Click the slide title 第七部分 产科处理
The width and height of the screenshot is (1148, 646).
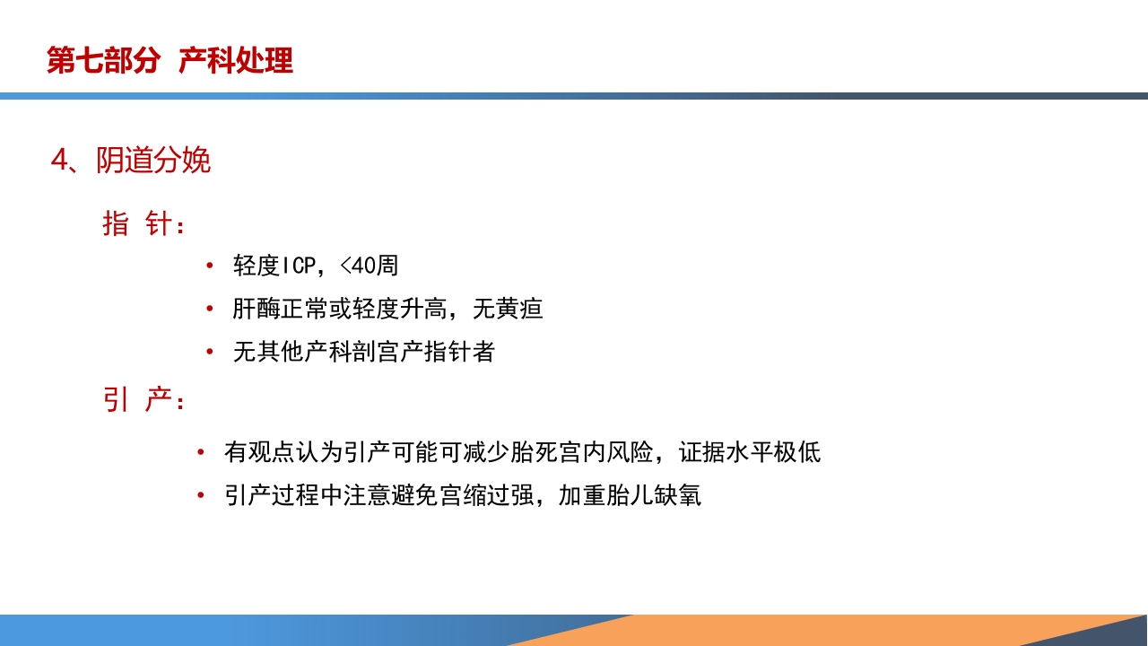coord(170,61)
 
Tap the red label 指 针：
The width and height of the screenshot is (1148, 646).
coord(143,223)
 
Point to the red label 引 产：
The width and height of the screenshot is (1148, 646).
coord(143,401)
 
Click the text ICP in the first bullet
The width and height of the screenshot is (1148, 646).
coord(299,266)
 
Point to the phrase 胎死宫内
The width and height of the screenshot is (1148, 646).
coord(556,452)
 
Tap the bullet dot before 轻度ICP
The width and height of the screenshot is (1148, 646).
coord(209,266)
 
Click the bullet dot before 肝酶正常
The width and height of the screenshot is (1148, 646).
coord(209,310)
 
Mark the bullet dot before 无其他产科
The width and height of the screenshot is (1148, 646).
coord(209,353)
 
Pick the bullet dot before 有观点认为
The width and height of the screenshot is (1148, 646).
coord(200,452)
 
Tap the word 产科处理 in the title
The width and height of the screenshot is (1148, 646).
coord(236,61)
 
